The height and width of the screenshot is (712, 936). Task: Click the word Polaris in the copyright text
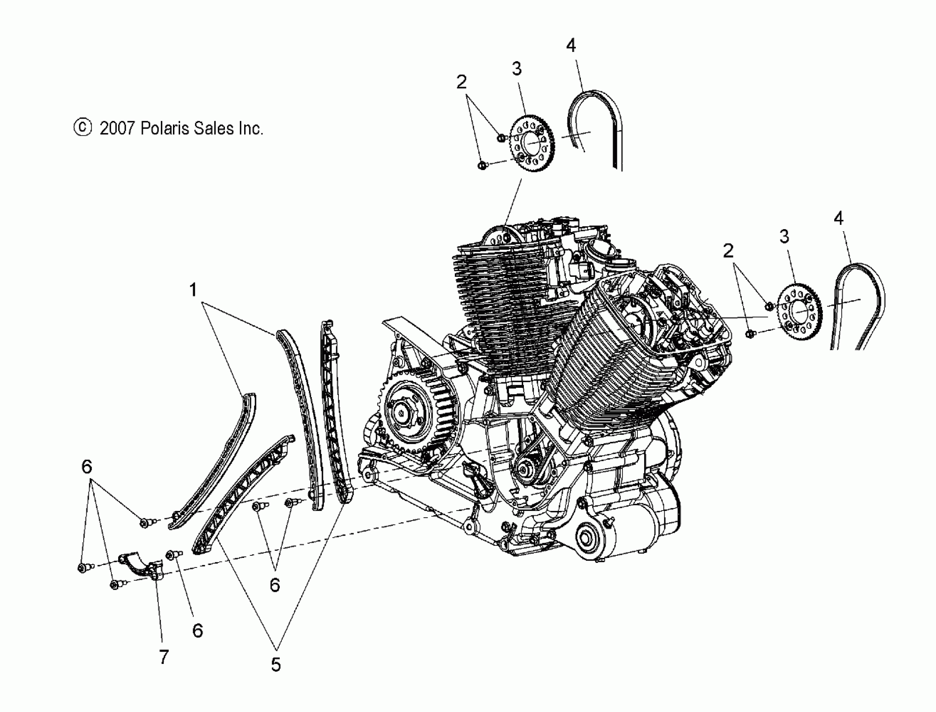pos(165,128)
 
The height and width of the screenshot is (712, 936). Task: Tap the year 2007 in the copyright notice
pos(117,128)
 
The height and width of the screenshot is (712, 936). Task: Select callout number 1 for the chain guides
pos(193,290)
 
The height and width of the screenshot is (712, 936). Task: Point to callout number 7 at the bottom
pos(164,657)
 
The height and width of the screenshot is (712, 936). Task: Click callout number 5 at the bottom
pos(276,665)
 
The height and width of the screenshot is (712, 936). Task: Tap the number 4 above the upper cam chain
pos(571,45)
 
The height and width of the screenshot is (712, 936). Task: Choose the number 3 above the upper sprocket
pos(516,69)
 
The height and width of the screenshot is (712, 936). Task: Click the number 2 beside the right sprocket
pos(728,251)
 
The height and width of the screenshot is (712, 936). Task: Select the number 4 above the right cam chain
pos(838,218)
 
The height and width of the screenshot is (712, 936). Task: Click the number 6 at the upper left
pos(86,467)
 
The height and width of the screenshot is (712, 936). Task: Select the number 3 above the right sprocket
pos(784,237)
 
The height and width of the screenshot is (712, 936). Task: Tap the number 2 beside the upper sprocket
pos(462,82)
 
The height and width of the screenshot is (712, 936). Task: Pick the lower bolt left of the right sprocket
pos(749,334)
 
